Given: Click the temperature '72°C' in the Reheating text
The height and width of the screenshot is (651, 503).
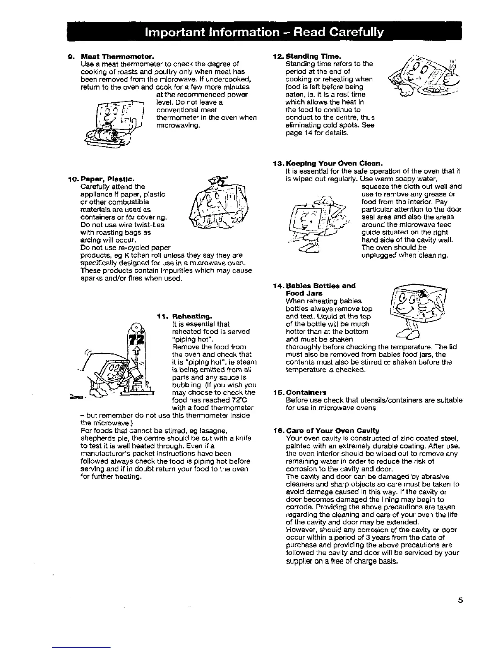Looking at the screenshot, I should tap(246, 400).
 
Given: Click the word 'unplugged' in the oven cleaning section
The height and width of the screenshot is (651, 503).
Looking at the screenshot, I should tap(378, 255).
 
